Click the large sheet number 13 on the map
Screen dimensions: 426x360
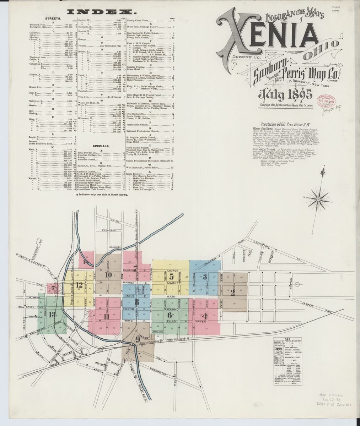(52, 314)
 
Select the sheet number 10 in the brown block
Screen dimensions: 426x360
(108, 274)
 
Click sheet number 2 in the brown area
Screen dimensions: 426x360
(233, 293)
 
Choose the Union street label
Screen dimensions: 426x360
(115, 221)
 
